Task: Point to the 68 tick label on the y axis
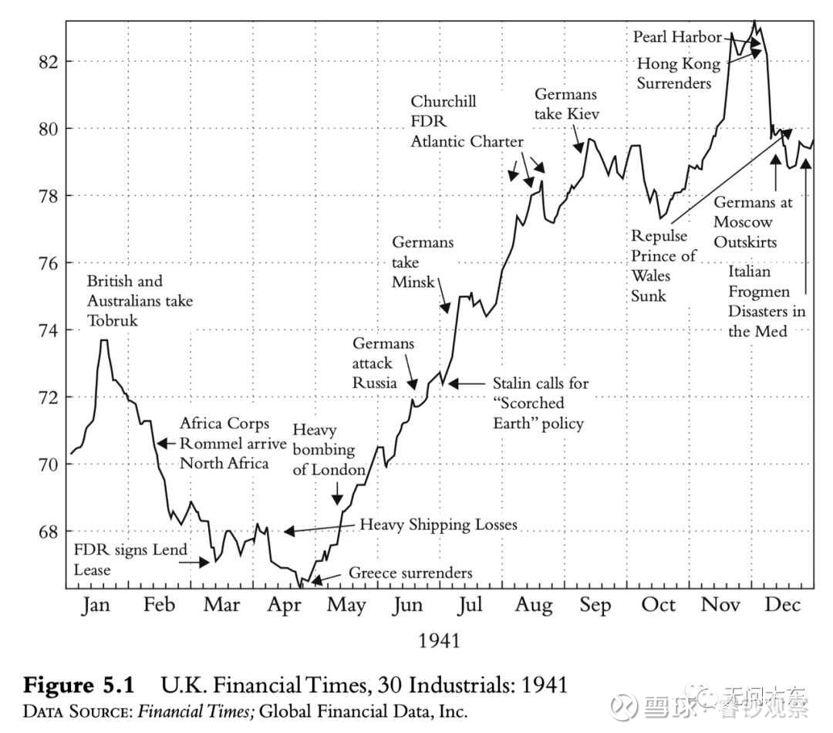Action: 47,532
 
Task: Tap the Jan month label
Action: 96,605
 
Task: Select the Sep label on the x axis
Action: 595,605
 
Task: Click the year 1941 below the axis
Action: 439,640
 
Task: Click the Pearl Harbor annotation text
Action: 677,36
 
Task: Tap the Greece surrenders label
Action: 410,573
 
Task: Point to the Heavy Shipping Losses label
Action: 438,525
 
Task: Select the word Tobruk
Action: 113,320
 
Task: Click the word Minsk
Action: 413,282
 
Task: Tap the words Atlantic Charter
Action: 467,141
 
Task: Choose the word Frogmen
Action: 759,292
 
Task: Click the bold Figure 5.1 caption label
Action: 79,684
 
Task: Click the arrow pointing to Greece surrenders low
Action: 324,577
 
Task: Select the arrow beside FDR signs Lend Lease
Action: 194,562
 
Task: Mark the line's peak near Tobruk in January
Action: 103,340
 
